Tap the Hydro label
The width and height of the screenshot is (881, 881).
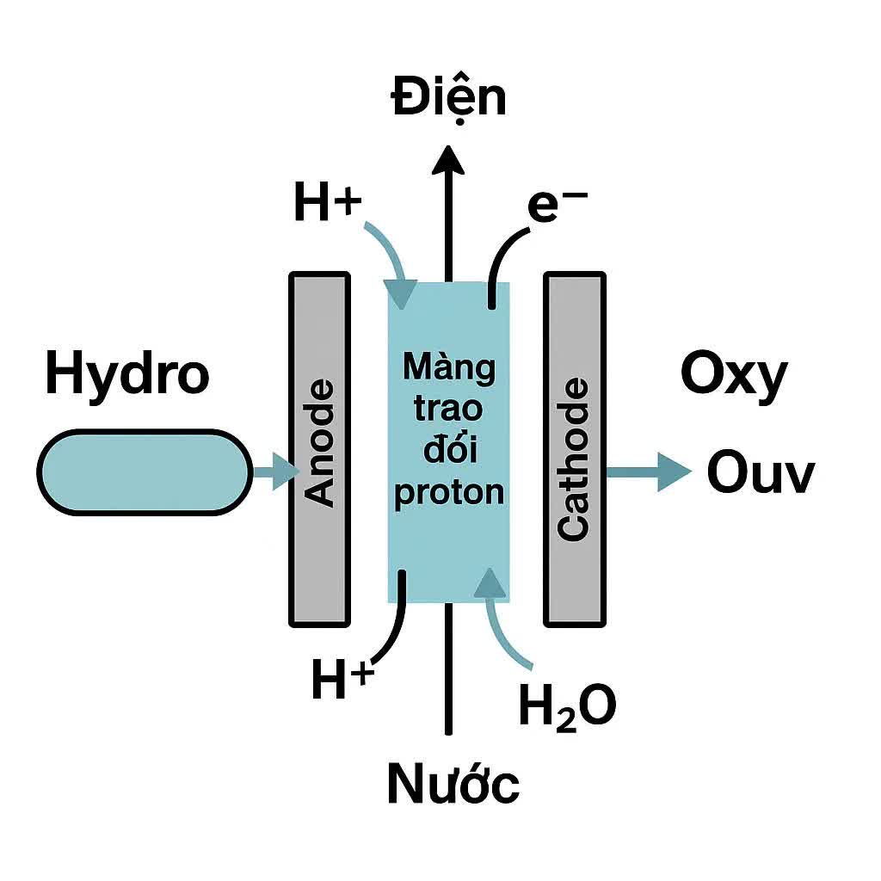point(126,375)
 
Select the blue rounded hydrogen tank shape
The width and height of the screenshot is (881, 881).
point(145,472)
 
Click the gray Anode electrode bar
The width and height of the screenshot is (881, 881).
point(320,447)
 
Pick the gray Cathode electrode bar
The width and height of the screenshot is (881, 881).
point(575,447)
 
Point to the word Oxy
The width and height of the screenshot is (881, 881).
point(733,375)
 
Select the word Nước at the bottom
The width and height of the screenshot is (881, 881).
point(453,783)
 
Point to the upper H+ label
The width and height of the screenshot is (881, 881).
point(327,204)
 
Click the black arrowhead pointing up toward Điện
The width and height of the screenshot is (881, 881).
point(447,162)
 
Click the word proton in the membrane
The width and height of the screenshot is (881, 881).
point(448,492)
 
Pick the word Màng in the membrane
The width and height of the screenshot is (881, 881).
point(448,368)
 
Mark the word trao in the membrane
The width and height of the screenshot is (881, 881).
point(448,410)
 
